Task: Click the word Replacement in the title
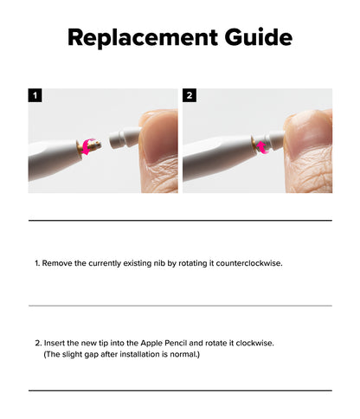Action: (143, 37)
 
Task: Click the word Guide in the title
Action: (259, 37)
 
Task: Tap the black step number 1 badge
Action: (35, 95)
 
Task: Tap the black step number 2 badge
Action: (190, 95)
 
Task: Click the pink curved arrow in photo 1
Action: (87, 146)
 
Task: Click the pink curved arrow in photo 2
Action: (262, 147)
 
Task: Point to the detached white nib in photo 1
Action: (125, 139)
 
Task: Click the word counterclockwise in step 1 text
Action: (248, 263)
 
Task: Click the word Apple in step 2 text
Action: (151, 343)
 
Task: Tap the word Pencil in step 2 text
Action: (176, 343)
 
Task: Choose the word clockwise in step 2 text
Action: (254, 343)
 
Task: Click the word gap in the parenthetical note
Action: (92, 355)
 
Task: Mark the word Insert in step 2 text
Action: (55, 343)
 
